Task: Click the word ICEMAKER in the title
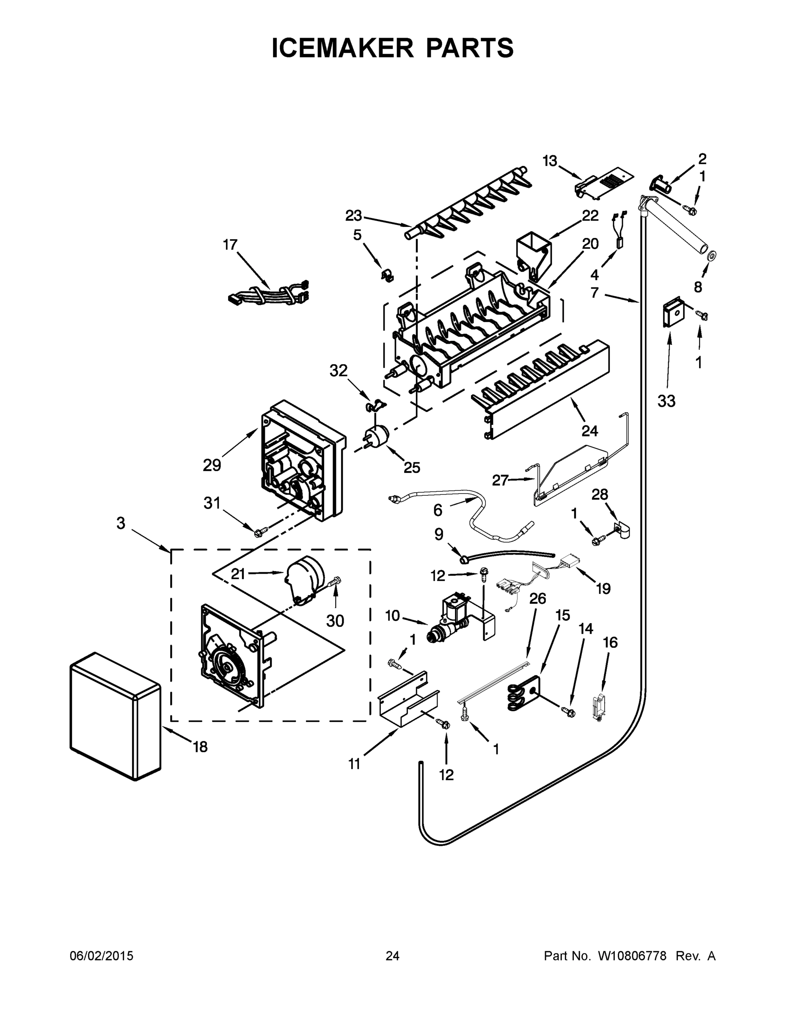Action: pos(342,48)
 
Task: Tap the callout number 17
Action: pos(230,245)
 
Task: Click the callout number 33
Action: pos(666,400)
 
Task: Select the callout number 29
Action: pos(212,465)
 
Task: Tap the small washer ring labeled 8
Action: pos(711,256)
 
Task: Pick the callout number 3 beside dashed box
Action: pos(121,523)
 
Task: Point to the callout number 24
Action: pos(589,431)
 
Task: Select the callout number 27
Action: pos(500,480)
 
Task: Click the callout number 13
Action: pos(550,161)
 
